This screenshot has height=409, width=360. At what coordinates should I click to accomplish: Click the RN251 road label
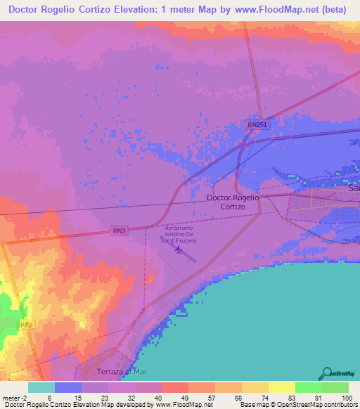coord(257,124)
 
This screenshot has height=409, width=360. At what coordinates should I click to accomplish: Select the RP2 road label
coord(26,325)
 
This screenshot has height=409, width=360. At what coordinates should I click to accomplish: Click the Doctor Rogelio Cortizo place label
coord(233,202)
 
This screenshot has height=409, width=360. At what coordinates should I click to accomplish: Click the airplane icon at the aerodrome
coord(178,249)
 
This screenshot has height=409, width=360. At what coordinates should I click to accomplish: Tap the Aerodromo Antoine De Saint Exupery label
coord(180,235)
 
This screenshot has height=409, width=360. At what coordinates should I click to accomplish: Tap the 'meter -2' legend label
coord(15,397)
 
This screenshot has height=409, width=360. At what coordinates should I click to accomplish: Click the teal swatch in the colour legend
coord(41,387)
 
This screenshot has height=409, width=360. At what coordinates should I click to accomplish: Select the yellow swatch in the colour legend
coord(282,387)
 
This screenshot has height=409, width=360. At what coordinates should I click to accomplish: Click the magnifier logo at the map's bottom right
coord(326,373)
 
